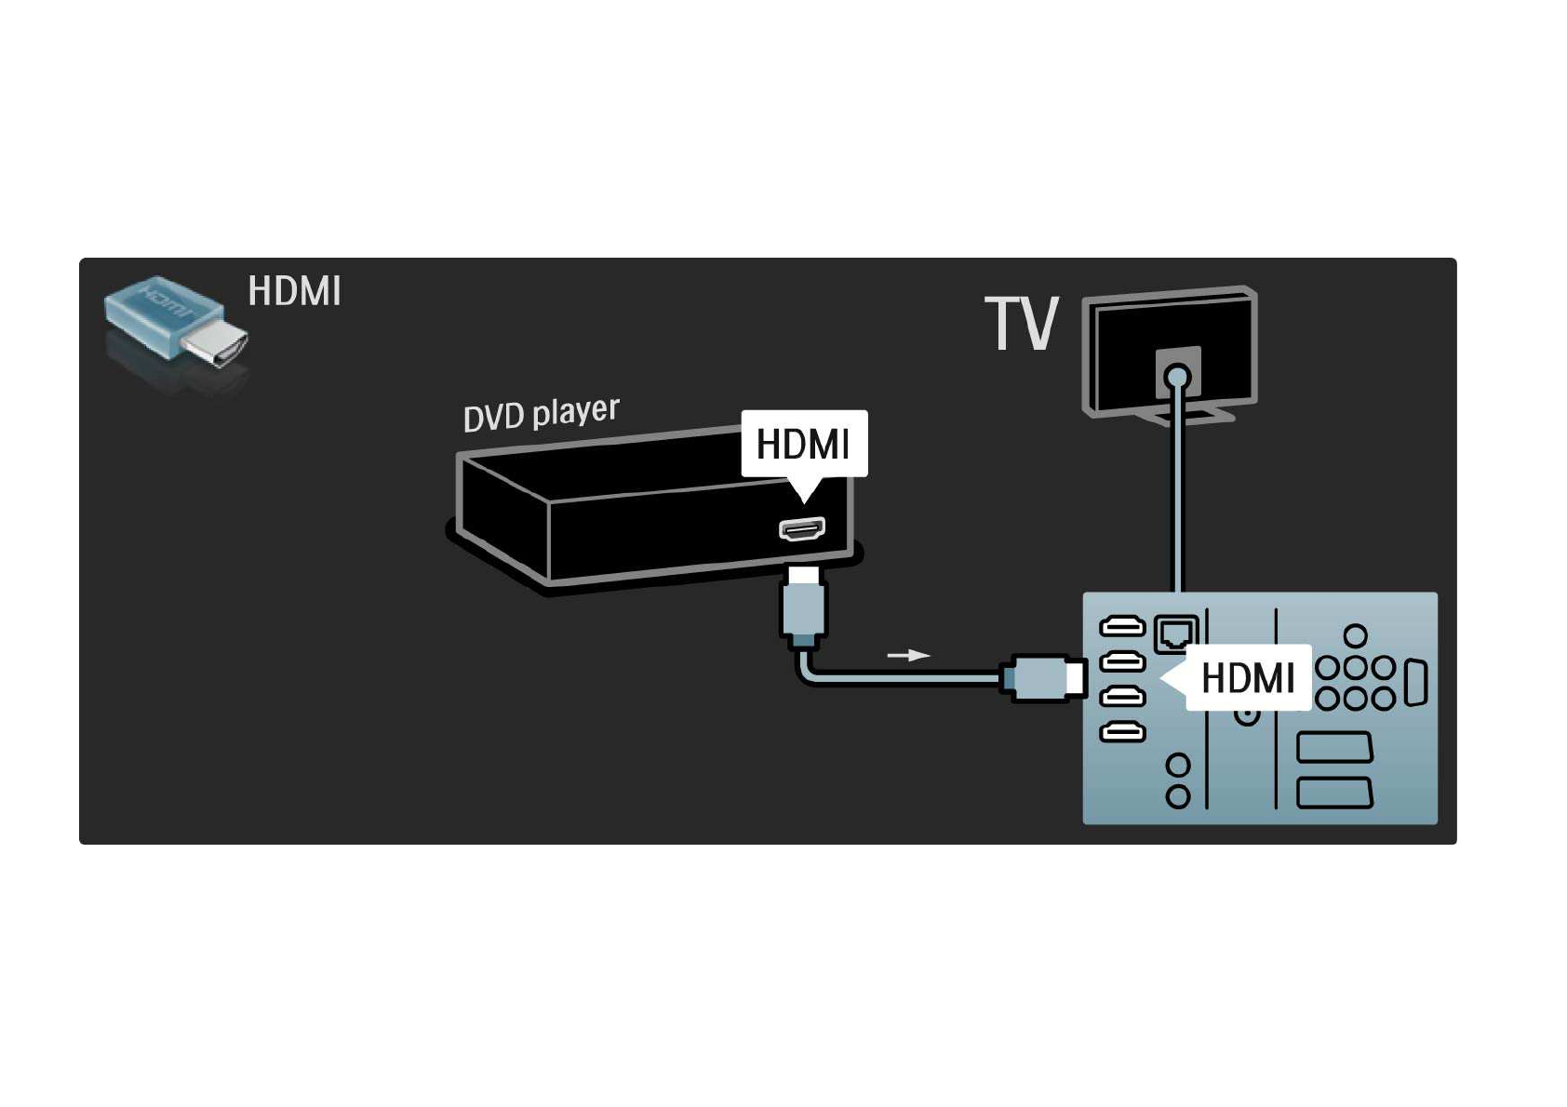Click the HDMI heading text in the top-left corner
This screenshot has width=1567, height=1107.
294,291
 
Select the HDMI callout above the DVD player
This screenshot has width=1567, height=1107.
804,444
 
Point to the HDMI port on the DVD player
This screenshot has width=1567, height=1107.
802,529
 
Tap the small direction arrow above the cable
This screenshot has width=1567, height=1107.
908,655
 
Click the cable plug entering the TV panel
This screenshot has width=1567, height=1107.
1044,677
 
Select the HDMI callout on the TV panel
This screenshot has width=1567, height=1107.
1247,677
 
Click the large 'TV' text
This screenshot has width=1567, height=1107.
1022,324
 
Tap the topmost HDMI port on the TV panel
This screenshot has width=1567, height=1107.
1122,626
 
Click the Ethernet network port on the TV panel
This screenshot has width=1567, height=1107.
1175,633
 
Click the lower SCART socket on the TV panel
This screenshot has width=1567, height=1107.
1334,793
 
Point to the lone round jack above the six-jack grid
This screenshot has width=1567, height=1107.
1356,635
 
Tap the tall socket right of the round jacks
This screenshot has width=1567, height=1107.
1415,683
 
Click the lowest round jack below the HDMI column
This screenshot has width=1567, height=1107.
1178,796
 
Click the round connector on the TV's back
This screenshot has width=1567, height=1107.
1177,377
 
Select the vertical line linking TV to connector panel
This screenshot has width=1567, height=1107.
1177,493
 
